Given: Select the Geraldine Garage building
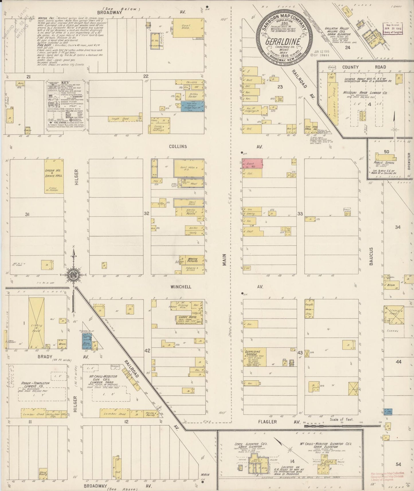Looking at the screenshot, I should click(x=255, y=357).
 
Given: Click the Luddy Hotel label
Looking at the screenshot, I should click(x=183, y=318).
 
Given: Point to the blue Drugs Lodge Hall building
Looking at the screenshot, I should click(x=193, y=106).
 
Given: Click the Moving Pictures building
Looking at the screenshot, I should click(x=192, y=260).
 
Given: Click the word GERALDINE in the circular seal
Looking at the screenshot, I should click(x=283, y=42).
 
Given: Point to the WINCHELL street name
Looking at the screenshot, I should click(x=180, y=287).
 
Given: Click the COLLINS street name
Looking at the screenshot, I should click(x=178, y=146).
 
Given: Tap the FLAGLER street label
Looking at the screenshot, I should click(x=267, y=422).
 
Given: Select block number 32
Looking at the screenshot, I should click(x=146, y=213).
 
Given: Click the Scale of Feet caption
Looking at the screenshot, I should click(x=342, y=419).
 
